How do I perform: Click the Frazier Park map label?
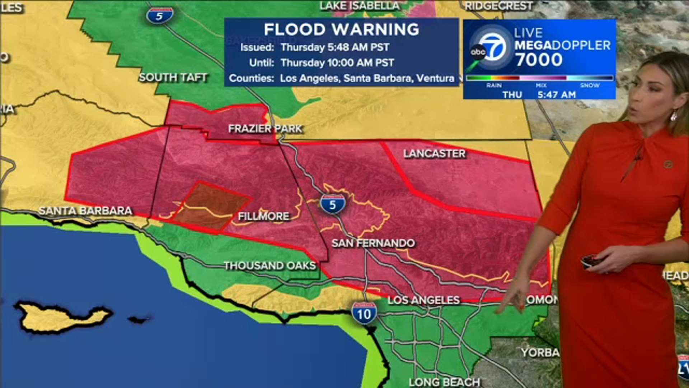pyautogui.click(x=265, y=129)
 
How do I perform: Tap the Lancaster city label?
pyautogui.click(x=434, y=154)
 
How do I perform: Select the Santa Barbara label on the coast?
pyautogui.click(x=85, y=211)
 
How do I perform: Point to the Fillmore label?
pyautogui.click(x=263, y=216)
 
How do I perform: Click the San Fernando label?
pyautogui.click(x=373, y=243)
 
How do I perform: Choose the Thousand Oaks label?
pyautogui.click(x=269, y=265)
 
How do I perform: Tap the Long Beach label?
pyautogui.click(x=444, y=382)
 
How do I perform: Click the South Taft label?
pyautogui.click(x=173, y=77)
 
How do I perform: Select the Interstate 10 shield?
pyautogui.click(x=364, y=313)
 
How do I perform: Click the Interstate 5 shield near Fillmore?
pyautogui.click(x=333, y=204)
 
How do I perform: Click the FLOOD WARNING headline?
pyautogui.click(x=341, y=29)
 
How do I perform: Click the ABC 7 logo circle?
pyautogui.click(x=491, y=48)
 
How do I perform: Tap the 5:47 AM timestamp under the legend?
pyautogui.click(x=557, y=94)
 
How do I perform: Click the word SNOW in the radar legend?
pyautogui.click(x=590, y=85)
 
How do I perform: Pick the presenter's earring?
pyautogui.click(x=673, y=116)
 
